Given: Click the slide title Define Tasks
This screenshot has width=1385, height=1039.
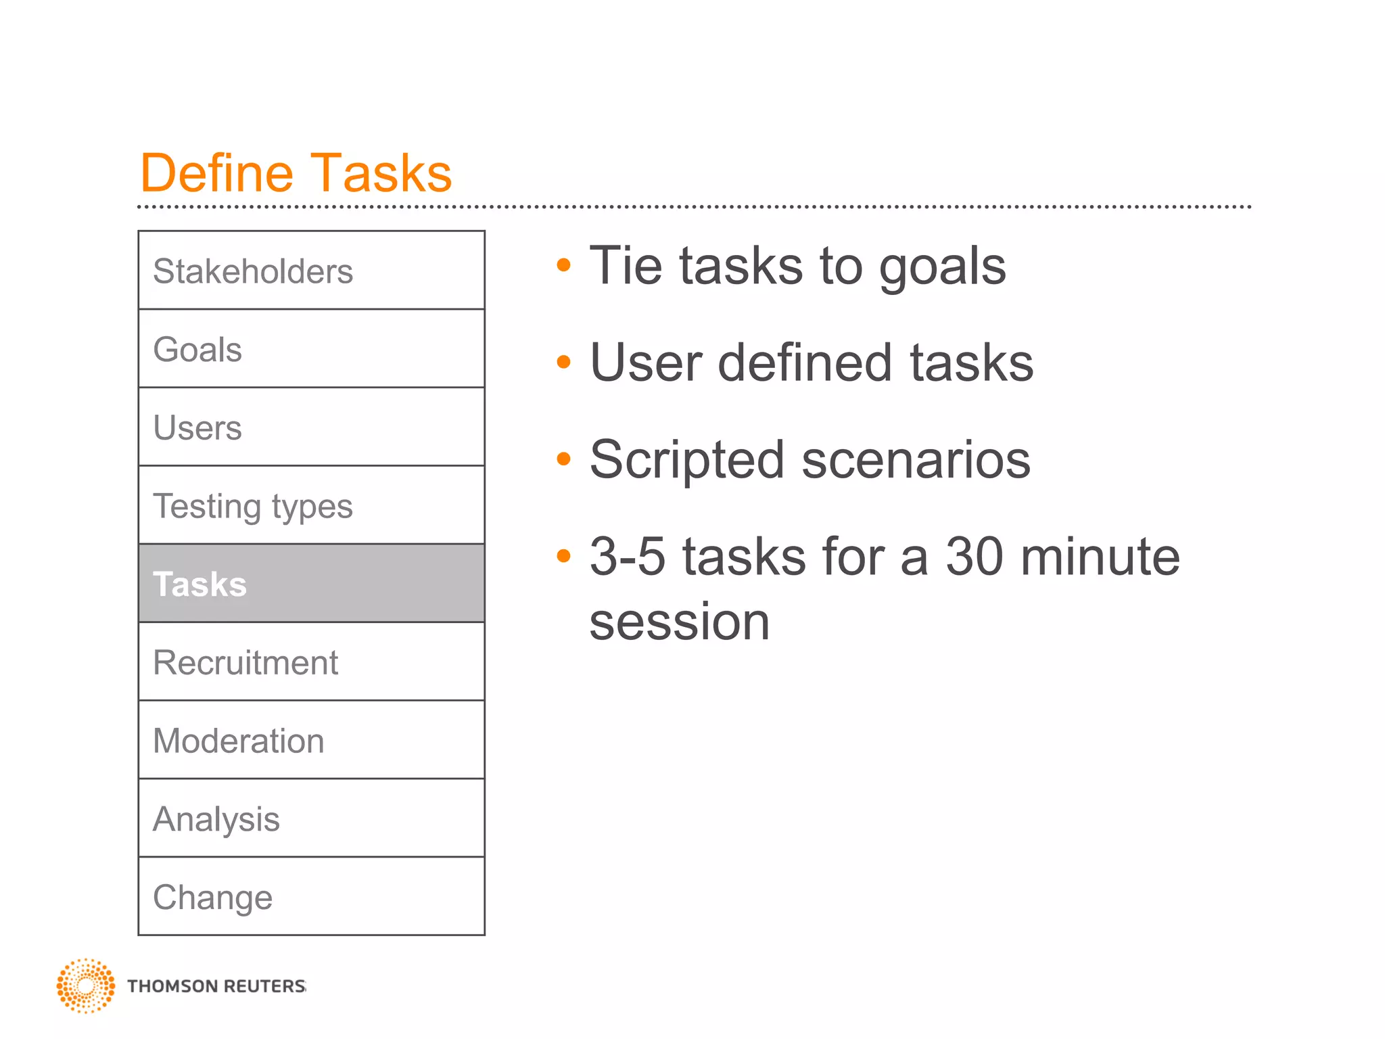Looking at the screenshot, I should click(296, 173).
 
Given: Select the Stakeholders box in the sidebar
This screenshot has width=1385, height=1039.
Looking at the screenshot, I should click(311, 271).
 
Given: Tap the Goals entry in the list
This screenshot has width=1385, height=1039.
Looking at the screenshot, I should click(311, 349).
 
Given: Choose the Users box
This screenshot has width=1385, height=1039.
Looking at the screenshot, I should click(311, 428).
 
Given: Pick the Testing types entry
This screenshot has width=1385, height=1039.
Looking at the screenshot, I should click(311, 506).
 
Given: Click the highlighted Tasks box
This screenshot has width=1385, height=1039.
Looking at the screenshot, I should click(311, 584).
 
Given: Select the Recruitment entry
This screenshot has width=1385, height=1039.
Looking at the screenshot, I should click(311, 662).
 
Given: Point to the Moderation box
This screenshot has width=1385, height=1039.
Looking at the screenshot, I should click(311, 740).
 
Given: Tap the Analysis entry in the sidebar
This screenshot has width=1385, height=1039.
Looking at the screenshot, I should click(311, 818).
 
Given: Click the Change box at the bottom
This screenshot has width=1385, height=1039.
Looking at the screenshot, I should click(311, 897).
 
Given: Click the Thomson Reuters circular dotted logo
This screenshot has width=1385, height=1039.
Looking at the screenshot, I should click(86, 986).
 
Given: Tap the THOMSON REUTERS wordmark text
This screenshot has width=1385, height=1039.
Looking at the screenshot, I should click(216, 986).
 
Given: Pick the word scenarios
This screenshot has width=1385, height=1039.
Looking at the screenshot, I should click(916, 460).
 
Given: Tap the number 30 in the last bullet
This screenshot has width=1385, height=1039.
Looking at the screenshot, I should click(974, 557).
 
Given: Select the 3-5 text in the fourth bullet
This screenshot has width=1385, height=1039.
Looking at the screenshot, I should click(628, 557).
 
